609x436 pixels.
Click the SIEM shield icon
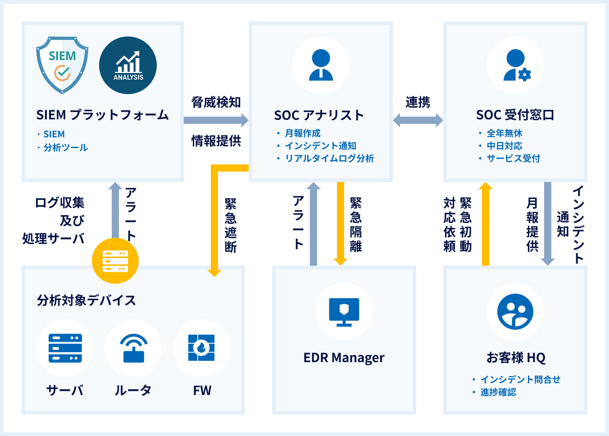point(62,65)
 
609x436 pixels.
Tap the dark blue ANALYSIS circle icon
point(128,65)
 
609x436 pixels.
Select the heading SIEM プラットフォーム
point(102,115)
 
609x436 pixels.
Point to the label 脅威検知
point(216,102)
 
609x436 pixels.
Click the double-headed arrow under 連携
point(418,120)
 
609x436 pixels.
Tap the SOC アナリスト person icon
point(321,65)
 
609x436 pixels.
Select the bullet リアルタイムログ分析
point(329,159)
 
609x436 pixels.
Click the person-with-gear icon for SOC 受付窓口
point(515,65)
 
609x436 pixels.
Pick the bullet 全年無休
point(504,133)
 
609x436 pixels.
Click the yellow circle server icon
point(115,261)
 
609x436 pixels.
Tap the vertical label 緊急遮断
point(231,225)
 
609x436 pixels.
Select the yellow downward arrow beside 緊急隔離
point(341,223)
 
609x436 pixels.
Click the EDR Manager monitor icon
point(344,312)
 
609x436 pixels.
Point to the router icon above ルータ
point(133,348)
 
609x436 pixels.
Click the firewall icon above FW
point(201,348)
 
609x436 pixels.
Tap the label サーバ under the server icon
point(65,390)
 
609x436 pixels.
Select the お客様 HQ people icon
point(515,312)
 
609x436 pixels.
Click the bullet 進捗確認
point(498,392)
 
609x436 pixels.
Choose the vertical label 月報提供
point(532,225)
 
